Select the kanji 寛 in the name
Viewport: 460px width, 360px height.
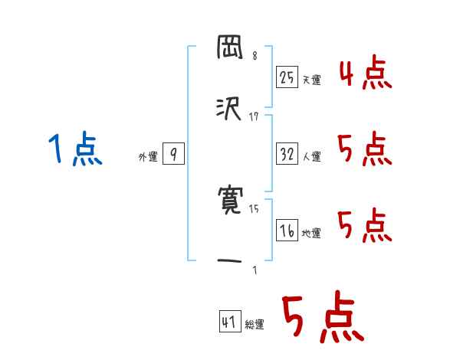[x=230, y=202]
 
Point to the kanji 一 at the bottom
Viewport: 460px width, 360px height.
[x=230, y=261]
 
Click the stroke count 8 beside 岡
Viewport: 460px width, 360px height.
[x=255, y=56]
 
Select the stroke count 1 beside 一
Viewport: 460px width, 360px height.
[x=255, y=270]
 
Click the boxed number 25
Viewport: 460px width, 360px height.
[x=287, y=77]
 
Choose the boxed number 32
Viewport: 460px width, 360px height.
[x=287, y=154]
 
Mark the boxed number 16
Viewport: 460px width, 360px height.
[x=287, y=230]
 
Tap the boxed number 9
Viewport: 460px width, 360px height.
[x=173, y=154]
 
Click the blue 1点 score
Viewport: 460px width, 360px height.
[x=74, y=149]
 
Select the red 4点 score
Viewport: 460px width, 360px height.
[x=366, y=73]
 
